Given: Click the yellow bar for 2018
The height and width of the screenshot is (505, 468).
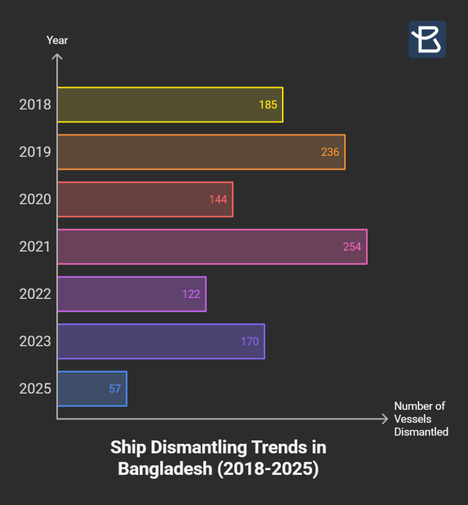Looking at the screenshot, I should pyautogui.click(x=170, y=105).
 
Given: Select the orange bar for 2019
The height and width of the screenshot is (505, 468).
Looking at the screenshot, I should pyautogui.click(x=201, y=152).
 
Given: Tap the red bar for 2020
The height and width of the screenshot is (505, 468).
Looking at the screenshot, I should pyautogui.click(x=145, y=199).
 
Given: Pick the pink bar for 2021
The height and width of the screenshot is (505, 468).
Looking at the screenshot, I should pyautogui.click(x=212, y=247).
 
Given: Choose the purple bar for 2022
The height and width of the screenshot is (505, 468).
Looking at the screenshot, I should pyautogui.click(x=132, y=294).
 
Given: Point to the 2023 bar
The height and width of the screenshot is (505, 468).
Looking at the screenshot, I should pyautogui.click(x=161, y=341).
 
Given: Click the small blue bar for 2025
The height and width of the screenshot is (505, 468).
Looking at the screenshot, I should pyautogui.click(x=92, y=389).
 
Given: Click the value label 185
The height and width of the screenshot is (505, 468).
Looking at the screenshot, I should pyautogui.click(x=268, y=105).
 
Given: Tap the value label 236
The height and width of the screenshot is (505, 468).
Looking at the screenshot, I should pyautogui.click(x=330, y=152).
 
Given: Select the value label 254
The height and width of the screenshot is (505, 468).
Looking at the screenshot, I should pyautogui.click(x=352, y=247).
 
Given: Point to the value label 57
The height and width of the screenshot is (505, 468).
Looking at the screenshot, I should pyautogui.click(x=115, y=389).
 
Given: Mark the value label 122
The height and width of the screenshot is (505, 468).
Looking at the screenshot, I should pyautogui.click(x=191, y=294).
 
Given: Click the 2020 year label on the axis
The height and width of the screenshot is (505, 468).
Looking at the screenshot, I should pyautogui.click(x=35, y=199).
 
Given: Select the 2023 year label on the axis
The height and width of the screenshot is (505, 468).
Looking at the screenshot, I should pyautogui.click(x=35, y=341).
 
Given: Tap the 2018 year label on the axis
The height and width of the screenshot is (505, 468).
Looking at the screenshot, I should pyautogui.click(x=35, y=105).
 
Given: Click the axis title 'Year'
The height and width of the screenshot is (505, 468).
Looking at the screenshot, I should pyautogui.click(x=57, y=40).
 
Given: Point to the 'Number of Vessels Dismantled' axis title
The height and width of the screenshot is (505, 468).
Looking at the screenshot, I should pyautogui.click(x=421, y=419).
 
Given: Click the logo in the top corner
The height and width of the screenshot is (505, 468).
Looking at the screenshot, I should pyautogui.click(x=427, y=39).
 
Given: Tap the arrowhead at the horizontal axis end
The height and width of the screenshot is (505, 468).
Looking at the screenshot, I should pyautogui.click(x=385, y=419).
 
